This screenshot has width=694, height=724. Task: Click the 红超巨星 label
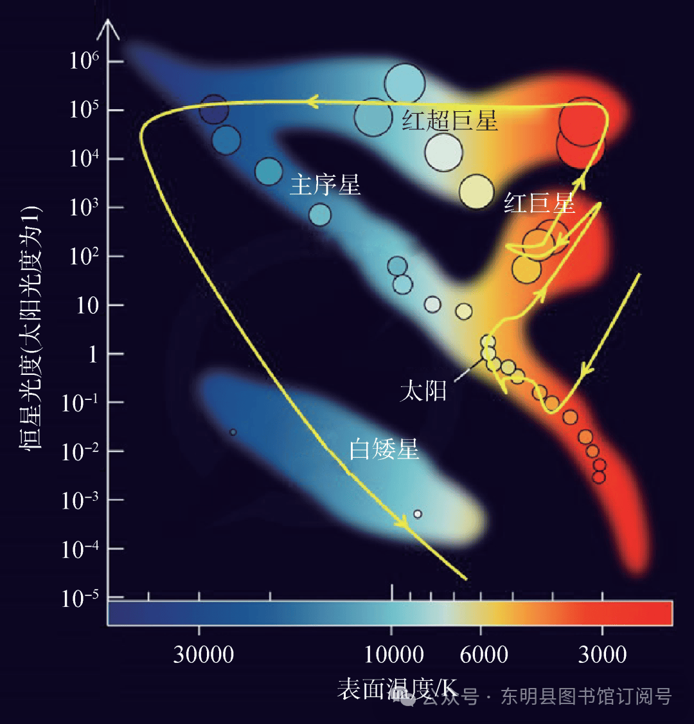[450, 120]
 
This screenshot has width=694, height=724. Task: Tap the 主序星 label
[325, 185]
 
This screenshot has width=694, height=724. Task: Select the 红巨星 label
[538, 203]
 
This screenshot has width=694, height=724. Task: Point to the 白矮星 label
[384, 449]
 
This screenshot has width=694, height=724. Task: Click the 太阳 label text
[423, 391]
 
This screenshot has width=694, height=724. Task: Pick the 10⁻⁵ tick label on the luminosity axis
[80, 597]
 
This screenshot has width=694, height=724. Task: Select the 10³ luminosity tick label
[84, 207]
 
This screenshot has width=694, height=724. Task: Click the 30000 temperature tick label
[204, 655]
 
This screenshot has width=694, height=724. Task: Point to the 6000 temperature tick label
[484, 655]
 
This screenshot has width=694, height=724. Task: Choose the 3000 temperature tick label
[602, 655]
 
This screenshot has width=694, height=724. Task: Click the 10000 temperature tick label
[394, 655]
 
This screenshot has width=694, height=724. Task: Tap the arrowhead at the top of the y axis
[108, 27]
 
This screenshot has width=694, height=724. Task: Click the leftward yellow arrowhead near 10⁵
[313, 102]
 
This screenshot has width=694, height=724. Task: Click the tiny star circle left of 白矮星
[233, 432]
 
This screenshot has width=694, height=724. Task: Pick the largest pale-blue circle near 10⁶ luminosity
[405, 83]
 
